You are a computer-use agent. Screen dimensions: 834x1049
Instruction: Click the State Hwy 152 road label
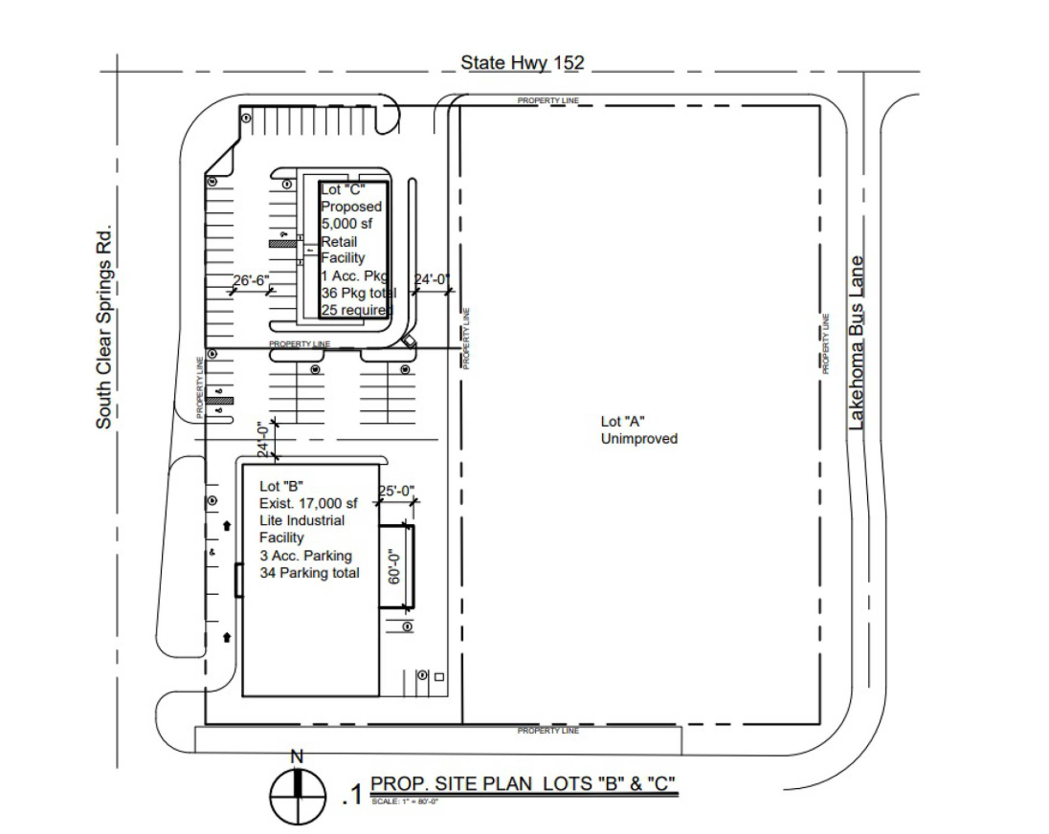(x=522, y=63)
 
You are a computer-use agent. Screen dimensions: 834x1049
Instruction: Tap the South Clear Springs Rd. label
(x=104, y=326)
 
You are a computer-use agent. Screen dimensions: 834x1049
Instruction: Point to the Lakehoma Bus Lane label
(x=857, y=341)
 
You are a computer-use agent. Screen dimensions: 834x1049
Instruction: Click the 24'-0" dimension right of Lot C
(x=432, y=279)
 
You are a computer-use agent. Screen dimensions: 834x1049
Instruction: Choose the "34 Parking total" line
(x=309, y=573)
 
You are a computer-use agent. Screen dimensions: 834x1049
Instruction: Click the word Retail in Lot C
(x=339, y=242)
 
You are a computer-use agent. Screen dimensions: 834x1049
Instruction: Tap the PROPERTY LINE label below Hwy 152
(x=547, y=100)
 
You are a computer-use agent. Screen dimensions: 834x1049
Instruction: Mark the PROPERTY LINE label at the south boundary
(x=547, y=731)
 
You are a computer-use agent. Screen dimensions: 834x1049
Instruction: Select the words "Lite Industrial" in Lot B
(x=301, y=520)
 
